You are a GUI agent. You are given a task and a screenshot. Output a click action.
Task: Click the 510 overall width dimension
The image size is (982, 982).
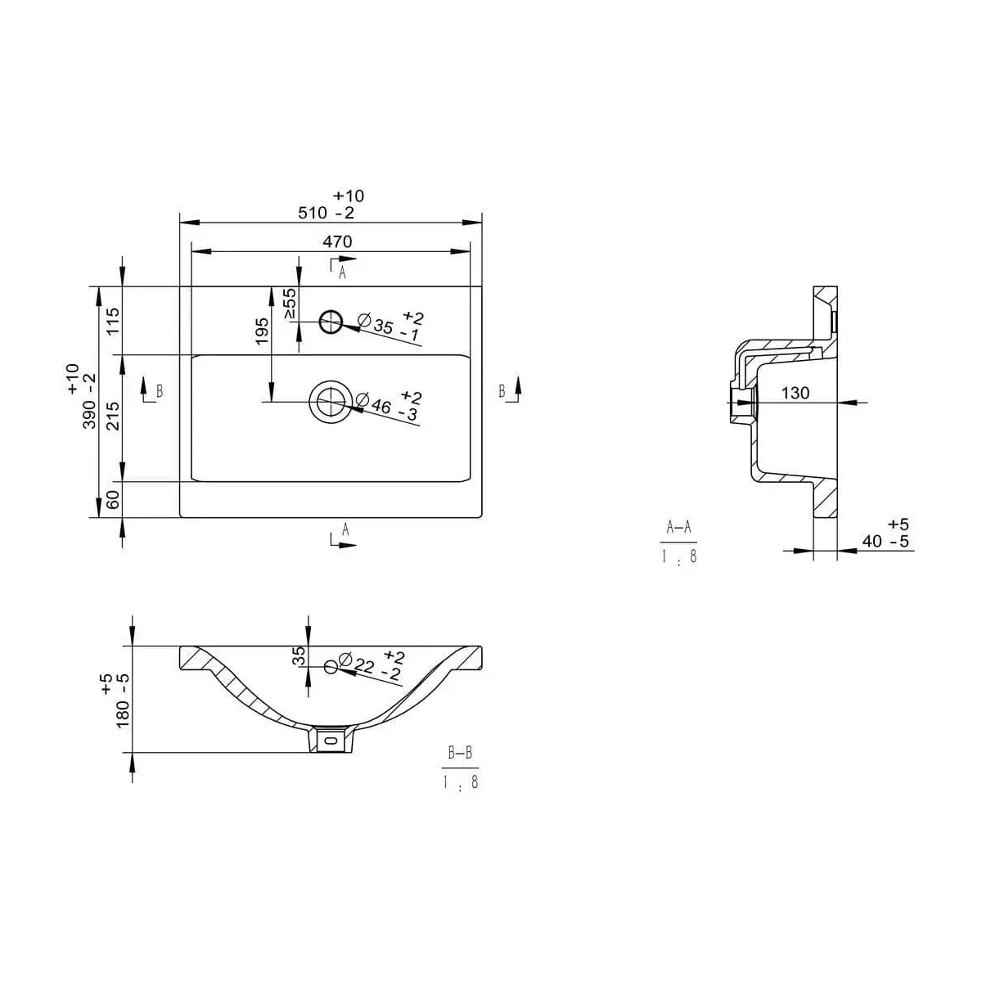[327, 212]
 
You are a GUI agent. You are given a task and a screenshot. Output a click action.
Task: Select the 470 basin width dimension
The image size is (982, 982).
[337, 241]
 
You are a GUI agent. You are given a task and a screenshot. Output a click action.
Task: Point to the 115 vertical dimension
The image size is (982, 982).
[112, 321]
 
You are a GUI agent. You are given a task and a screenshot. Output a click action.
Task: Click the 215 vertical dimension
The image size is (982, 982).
[112, 417]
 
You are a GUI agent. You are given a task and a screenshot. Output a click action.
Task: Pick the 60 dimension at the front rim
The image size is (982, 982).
[112, 499]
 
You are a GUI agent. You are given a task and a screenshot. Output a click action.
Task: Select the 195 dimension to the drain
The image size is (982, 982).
[262, 331]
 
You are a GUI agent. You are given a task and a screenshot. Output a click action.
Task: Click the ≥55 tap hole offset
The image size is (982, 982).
[289, 304]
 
